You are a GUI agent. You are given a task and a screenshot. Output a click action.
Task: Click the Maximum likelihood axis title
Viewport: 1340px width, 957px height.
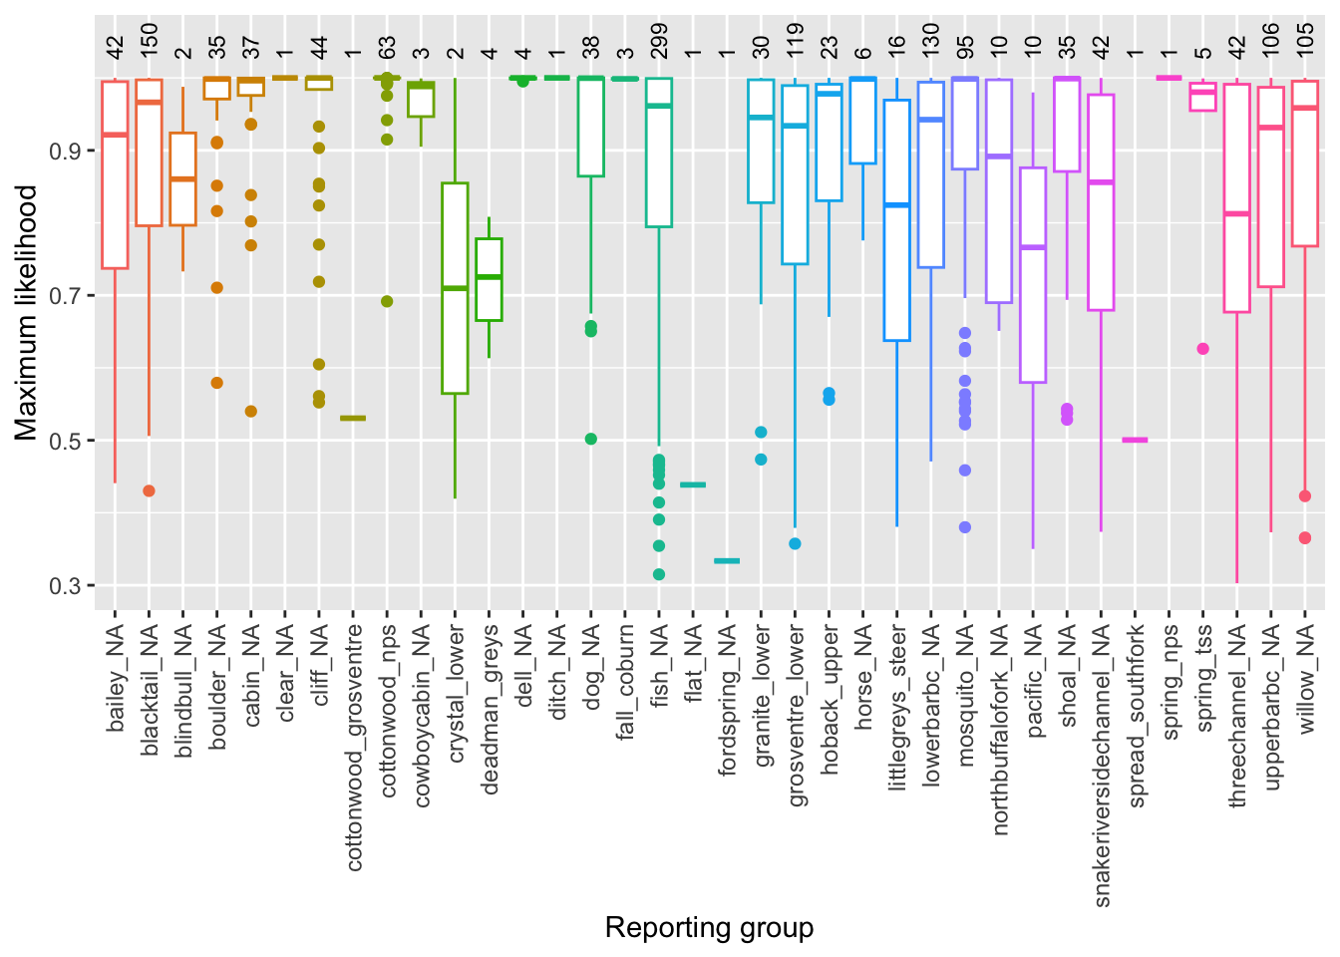coord(26,312)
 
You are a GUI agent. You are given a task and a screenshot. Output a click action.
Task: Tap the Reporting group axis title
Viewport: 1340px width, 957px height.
coord(709,928)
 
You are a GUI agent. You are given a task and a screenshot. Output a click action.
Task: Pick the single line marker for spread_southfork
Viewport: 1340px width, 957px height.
coord(1135,440)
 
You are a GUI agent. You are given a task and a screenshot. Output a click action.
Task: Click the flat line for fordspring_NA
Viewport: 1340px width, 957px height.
coord(727,561)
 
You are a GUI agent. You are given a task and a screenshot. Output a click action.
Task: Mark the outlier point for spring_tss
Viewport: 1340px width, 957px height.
coord(1202,349)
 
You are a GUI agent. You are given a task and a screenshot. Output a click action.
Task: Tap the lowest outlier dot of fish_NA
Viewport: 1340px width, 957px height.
coord(659,574)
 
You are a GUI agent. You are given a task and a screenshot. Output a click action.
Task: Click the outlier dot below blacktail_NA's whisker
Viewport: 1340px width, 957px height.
coord(149,490)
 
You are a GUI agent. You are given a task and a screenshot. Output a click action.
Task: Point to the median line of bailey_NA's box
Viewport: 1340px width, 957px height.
coord(115,135)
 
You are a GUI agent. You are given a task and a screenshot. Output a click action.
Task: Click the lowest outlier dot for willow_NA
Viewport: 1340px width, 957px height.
coord(1304,538)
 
